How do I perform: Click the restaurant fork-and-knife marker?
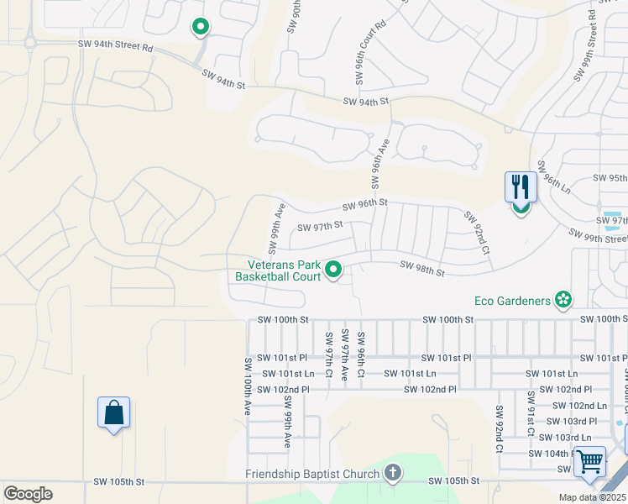pyautogui.click(x=521, y=187)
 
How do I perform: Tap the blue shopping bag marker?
pyautogui.click(x=113, y=413)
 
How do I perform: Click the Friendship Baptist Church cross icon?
pyautogui.click(x=391, y=474)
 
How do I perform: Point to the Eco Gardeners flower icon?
pyautogui.click(x=563, y=300)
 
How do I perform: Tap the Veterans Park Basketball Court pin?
pyautogui.click(x=333, y=270)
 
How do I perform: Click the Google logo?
pyautogui.click(x=28, y=494)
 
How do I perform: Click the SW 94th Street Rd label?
pyautogui.click(x=115, y=47)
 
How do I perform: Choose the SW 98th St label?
pyautogui.click(x=421, y=268)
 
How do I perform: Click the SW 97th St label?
pyautogui.click(x=321, y=225)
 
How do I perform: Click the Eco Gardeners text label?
pyautogui.click(x=513, y=300)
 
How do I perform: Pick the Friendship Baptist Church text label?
pyautogui.click(x=312, y=474)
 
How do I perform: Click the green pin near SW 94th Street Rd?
pyautogui.click(x=201, y=28)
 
